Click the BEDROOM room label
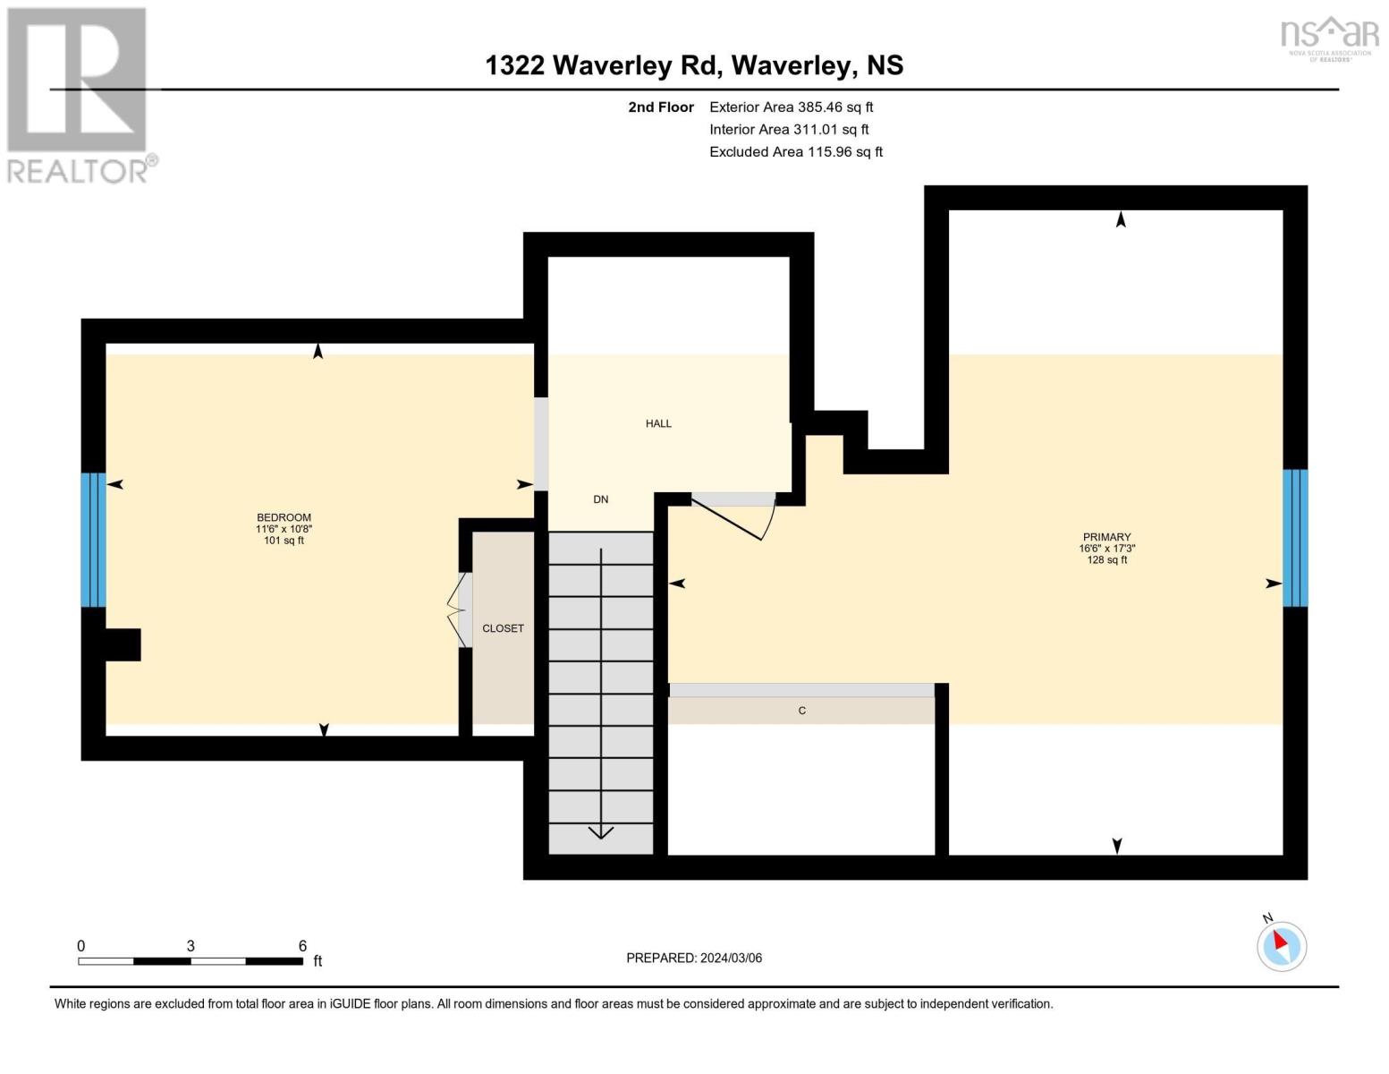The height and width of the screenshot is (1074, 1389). tap(284, 517)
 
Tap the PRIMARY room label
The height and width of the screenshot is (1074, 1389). tap(1106, 537)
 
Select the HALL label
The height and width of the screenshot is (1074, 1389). tap(658, 423)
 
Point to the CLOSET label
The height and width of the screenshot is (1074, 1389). tap(503, 629)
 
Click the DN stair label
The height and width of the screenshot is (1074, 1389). tap(601, 499)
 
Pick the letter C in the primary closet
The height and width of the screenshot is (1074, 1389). tap(802, 711)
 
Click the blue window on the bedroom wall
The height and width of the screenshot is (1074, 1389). tap(93, 540)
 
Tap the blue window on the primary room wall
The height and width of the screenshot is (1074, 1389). tap(1295, 538)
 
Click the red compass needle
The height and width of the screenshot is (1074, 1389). tap(1281, 941)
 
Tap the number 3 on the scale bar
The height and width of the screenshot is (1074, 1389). tap(191, 945)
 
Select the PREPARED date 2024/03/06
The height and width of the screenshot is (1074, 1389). tap(732, 959)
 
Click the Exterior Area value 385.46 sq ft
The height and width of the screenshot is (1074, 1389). tap(834, 107)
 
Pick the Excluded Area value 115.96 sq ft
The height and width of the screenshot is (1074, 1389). tap(845, 152)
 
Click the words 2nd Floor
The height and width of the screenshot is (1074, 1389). tap(661, 107)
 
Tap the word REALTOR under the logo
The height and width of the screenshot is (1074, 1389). tap(78, 172)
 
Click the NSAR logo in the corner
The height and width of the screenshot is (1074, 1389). tap(1330, 38)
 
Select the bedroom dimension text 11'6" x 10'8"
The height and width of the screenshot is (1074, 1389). tap(284, 529)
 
